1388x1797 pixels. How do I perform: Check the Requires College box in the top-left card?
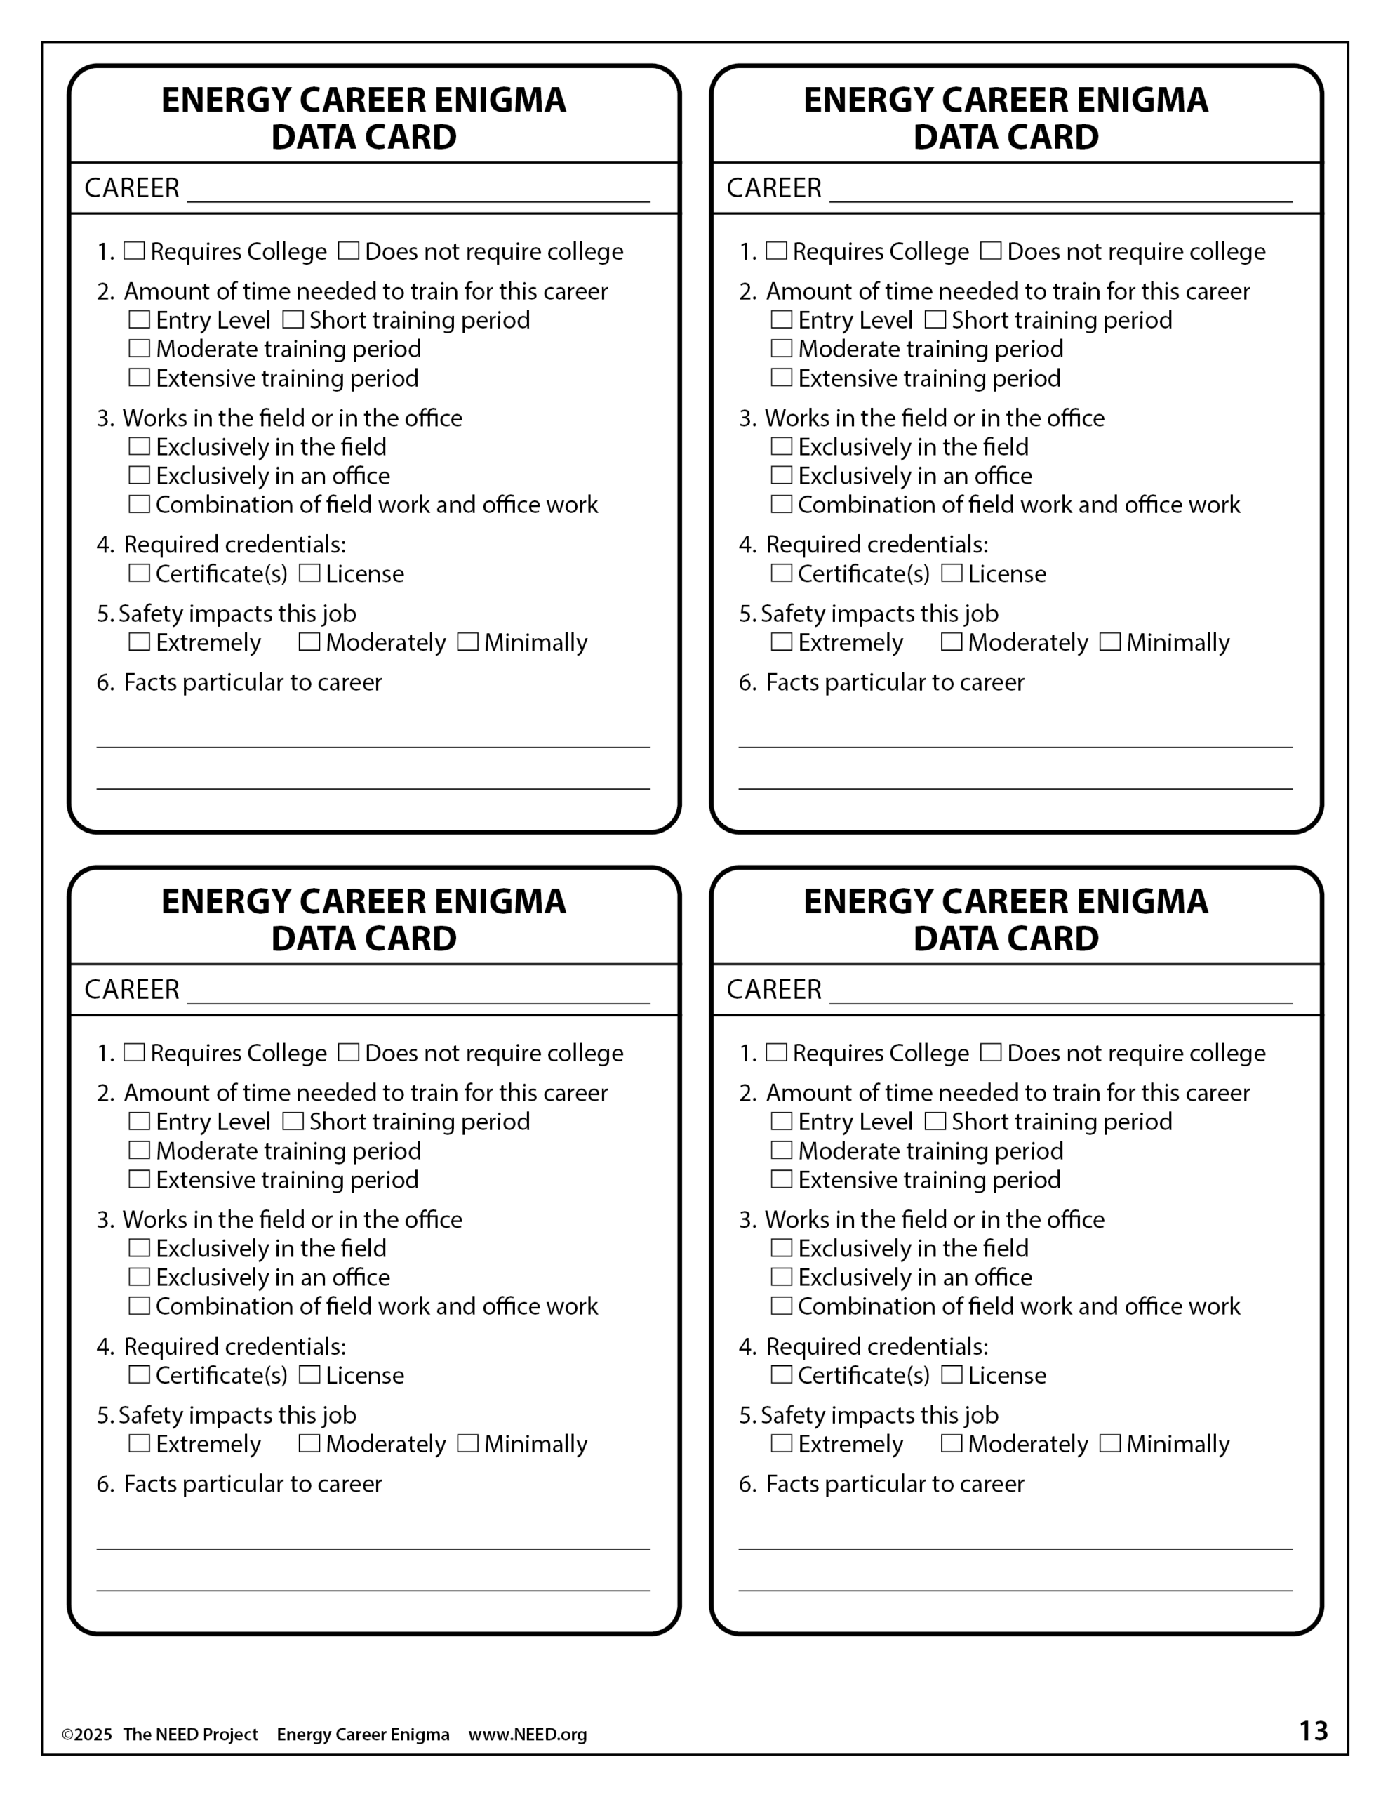coord(133,251)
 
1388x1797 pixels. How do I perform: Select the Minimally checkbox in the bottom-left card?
coord(467,1443)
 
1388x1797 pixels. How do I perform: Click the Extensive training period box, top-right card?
coord(781,378)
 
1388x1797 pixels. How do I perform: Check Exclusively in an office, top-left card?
coord(139,476)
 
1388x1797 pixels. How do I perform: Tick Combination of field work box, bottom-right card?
coord(781,1306)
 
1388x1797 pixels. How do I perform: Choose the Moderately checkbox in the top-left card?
coord(309,642)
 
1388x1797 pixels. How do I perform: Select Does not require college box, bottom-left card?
coord(348,1052)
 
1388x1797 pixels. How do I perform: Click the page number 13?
coord(1313,1731)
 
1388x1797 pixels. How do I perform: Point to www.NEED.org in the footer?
coord(528,1735)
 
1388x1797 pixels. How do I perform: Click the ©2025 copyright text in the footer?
coord(86,1735)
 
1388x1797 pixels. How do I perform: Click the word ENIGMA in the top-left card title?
coord(500,100)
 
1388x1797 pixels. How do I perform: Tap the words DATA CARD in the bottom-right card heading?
coord(1006,939)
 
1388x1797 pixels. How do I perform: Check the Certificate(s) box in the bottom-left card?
coord(139,1375)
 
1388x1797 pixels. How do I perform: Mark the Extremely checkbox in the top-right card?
coord(781,642)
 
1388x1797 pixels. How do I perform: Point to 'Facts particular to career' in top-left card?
coord(253,682)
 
